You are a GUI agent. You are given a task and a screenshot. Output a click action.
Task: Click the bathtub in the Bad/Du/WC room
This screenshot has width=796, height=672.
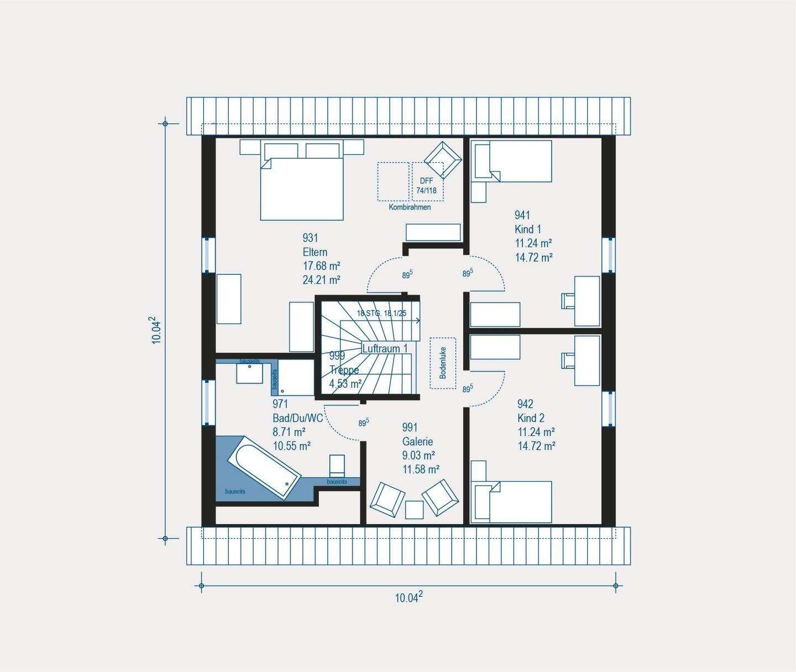(x=264, y=468)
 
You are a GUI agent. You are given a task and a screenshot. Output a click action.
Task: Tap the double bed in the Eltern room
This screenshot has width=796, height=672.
(x=302, y=188)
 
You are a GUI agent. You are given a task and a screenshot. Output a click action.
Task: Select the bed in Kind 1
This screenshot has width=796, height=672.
(x=520, y=161)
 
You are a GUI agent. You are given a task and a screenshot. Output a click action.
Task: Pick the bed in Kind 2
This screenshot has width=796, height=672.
(x=520, y=502)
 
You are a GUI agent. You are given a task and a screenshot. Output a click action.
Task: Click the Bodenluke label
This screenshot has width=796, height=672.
(x=443, y=363)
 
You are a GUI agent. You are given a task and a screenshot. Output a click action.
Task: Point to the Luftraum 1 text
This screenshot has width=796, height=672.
(x=385, y=348)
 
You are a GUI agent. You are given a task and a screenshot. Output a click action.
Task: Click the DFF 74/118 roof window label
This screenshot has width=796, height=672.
(x=426, y=186)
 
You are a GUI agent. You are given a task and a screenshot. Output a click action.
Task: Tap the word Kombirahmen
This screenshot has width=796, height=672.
(x=410, y=207)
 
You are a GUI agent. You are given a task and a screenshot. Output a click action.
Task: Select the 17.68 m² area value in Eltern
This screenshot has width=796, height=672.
(x=321, y=266)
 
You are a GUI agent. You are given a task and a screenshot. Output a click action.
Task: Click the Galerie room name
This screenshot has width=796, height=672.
(x=417, y=441)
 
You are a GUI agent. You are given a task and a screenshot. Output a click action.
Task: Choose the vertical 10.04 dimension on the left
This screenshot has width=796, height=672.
(x=157, y=330)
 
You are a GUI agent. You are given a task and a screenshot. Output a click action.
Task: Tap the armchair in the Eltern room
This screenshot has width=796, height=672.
(x=443, y=160)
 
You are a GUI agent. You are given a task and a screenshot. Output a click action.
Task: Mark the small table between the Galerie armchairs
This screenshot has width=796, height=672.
(x=414, y=509)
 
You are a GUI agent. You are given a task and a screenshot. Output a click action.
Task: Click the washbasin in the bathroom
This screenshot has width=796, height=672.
(x=249, y=373)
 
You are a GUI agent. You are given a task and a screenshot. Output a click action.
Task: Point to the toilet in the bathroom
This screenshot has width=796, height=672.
(x=337, y=466)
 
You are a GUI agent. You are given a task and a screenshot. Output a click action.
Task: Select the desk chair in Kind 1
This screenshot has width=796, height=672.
(x=568, y=300)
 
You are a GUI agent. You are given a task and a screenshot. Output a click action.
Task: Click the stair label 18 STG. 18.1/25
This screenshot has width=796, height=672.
(x=381, y=313)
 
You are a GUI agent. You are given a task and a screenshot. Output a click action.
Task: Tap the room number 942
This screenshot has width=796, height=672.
(x=525, y=404)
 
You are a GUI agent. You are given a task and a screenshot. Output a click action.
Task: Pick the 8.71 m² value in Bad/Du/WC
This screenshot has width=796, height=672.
(x=289, y=432)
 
